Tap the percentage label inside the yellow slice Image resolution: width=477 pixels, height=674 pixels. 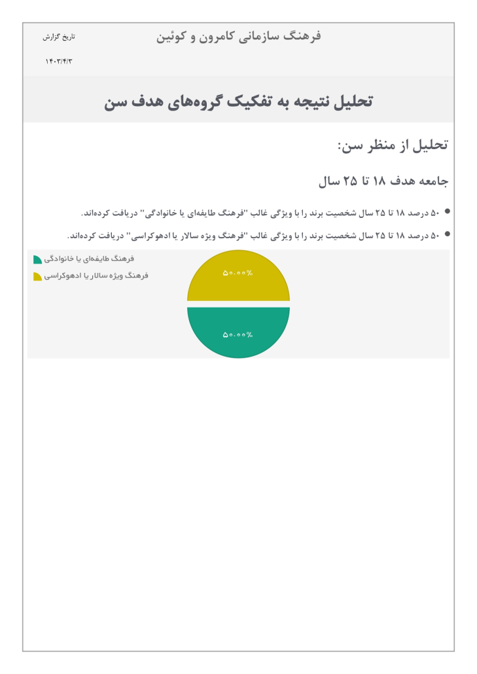point(238,273)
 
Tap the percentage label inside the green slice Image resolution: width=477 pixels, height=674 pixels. point(238,335)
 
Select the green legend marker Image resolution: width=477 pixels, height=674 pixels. point(37,260)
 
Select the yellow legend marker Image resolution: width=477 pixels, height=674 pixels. point(37,277)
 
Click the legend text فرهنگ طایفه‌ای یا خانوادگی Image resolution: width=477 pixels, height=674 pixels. point(89,259)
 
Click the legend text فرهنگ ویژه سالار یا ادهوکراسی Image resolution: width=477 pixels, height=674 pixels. point(96,276)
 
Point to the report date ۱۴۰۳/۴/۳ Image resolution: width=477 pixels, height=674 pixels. point(59,62)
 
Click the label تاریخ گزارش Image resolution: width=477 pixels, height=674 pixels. point(59,37)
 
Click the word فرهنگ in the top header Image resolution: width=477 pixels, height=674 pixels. point(304,36)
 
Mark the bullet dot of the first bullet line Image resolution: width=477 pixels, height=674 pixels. point(448,211)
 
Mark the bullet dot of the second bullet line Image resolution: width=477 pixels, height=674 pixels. point(448,233)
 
